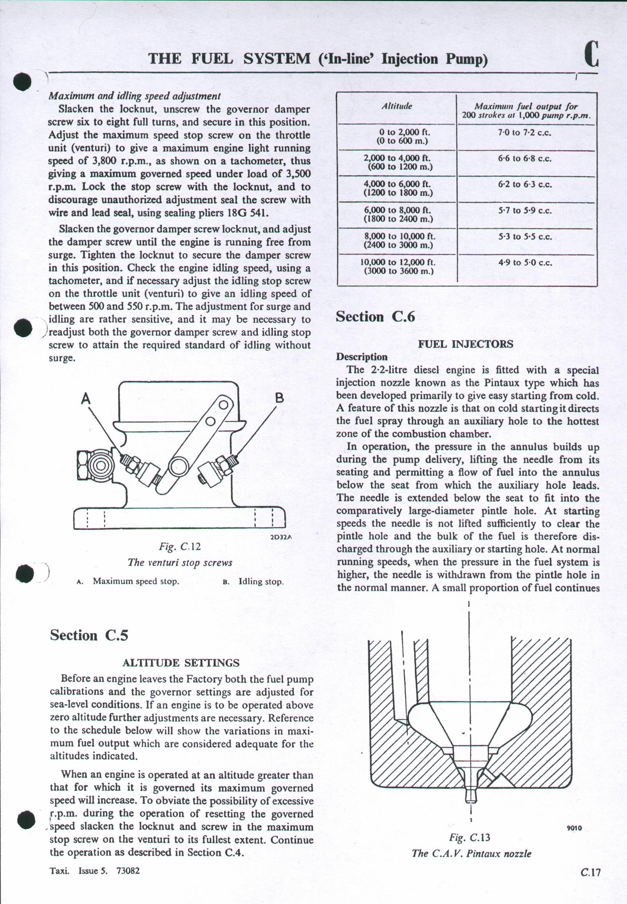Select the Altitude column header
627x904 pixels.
(396, 106)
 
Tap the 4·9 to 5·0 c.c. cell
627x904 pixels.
(525, 262)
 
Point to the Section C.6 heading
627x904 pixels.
(375, 317)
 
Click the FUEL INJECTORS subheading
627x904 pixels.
(465, 344)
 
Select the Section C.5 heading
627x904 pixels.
(89, 635)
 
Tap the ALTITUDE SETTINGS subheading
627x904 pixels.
(181, 663)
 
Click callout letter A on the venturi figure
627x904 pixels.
(86, 399)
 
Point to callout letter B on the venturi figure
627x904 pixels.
(279, 398)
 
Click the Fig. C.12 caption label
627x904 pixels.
(180, 546)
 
